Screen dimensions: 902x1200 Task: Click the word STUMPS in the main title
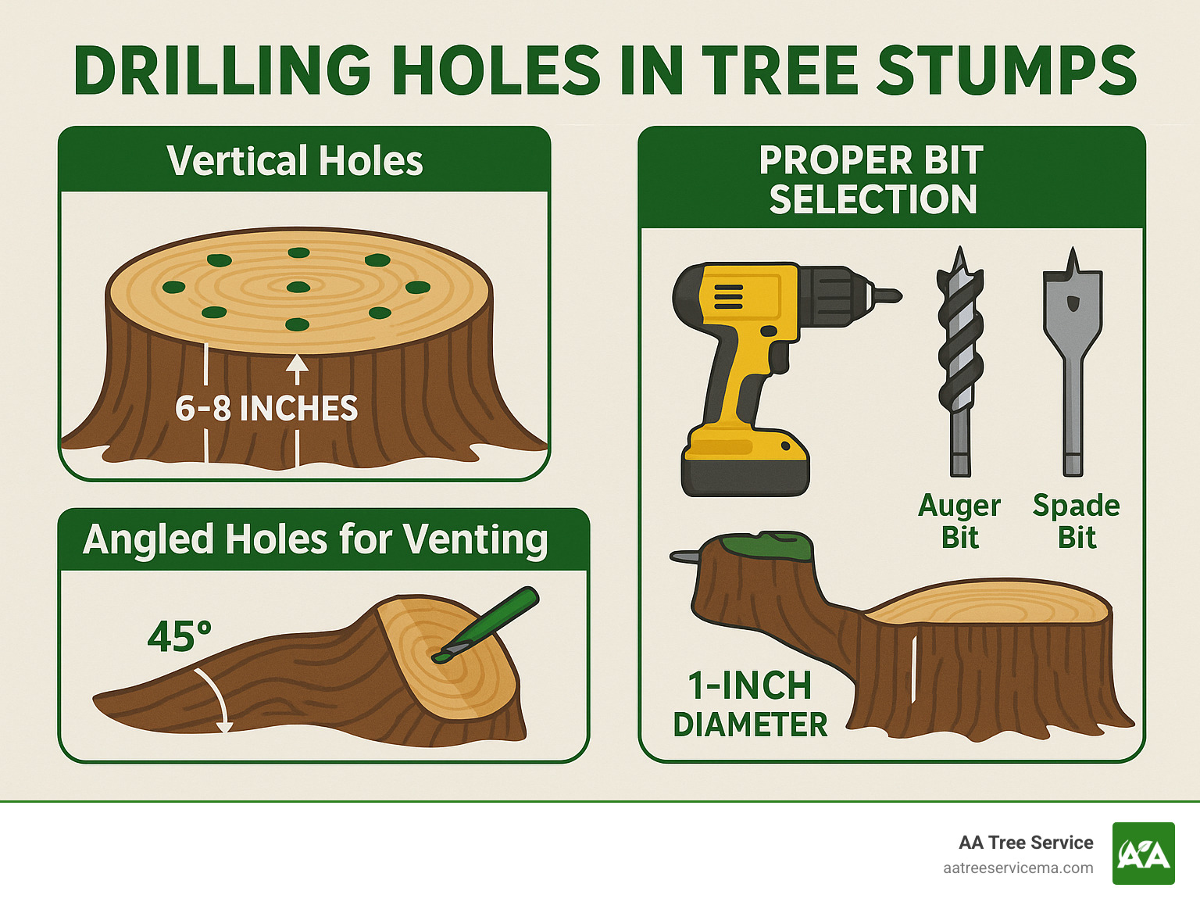(x=1008, y=70)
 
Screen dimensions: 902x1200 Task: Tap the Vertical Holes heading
(x=295, y=161)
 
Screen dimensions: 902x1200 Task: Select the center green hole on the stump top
(x=298, y=288)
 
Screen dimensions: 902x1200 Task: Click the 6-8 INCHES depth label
(x=266, y=409)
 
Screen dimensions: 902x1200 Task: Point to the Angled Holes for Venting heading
(x=315, y=539)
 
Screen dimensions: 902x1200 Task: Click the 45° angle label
(x=179, y=636)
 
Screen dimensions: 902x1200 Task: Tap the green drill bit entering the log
(x=492, y=622)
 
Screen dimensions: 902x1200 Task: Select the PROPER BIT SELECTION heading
(x=872, y=180)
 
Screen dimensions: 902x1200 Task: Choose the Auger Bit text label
(x=959, y=521)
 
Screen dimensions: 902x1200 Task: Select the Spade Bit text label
(x=1077, y=521)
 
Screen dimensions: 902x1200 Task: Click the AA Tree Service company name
(x=1026, y=843)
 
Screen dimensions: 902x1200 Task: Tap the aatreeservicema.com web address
(x=1018, y=868)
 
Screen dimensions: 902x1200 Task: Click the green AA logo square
(x=1143, y=854)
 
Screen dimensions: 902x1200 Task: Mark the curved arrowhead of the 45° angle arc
(x=225, y=726)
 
